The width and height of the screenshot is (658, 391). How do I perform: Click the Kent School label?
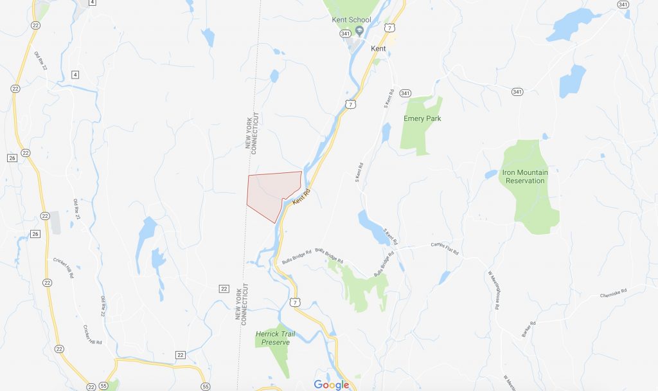tap(351, 20)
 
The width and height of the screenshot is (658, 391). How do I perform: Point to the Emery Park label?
tap(422, 118)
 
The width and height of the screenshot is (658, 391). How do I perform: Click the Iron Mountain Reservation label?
tap(525, 176)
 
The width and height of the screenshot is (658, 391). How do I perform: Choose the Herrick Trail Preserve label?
tap(273, 338)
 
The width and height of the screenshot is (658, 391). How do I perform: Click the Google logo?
tap(331, 385)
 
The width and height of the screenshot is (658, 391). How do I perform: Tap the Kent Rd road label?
tap(301, 197)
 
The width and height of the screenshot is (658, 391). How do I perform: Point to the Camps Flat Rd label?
tap(445, 248)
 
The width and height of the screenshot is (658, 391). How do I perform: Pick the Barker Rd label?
tap(527, 327)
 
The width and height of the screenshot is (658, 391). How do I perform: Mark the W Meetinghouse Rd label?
tap(493, 290)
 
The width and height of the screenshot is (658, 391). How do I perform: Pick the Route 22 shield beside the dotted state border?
tap(224, 287)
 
